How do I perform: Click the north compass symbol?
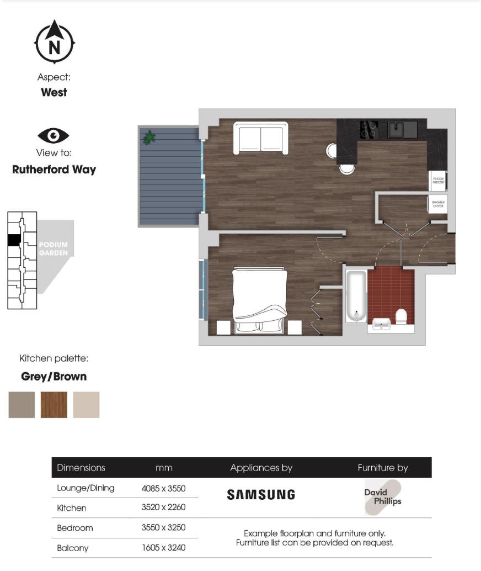click(54, 43)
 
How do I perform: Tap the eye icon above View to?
click(54, 135)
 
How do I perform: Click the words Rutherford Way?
click(54, 170)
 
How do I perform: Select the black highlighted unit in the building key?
click(14, 240)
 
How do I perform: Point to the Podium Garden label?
click(53, 249)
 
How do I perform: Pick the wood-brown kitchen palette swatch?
click(54, 405)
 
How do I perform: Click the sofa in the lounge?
click(261, 138)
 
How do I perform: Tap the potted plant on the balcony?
click(149, 137)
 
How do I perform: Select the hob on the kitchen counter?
click(368, 130)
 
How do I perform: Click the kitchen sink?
click(402, 130)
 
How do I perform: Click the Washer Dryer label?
click(438, 204)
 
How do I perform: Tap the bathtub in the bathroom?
click(356, 295)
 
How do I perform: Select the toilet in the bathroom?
click(401, 316)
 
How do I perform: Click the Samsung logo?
click(261, 494)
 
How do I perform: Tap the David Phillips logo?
click(383, 496)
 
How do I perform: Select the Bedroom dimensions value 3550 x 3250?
click(163, 528)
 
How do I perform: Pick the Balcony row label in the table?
click(73, 548)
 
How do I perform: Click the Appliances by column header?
click(261, 468)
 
